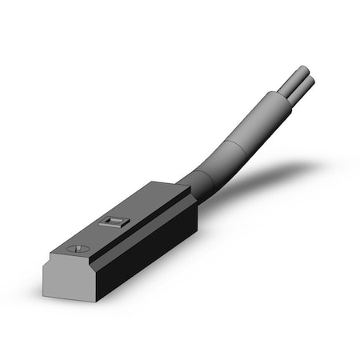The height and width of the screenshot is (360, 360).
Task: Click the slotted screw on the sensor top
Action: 78,249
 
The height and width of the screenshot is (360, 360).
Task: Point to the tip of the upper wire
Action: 303,70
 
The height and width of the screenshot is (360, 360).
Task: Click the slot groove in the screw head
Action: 78,249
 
